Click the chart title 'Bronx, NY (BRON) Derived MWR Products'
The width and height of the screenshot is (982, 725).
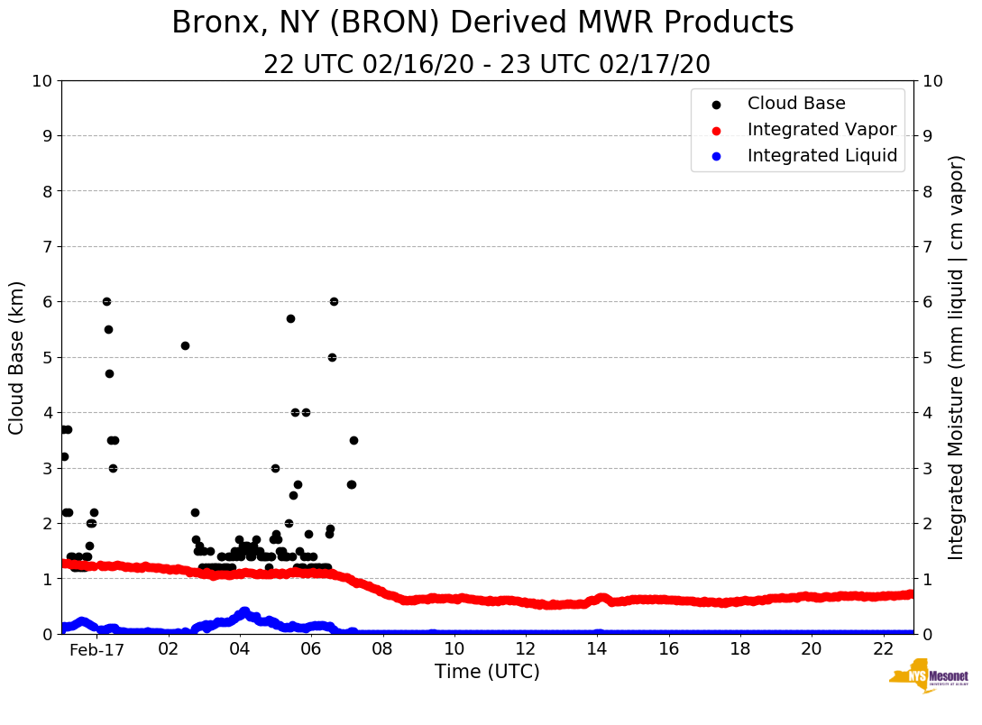(x=482, y=23)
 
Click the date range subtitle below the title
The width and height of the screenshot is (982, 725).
(x=487, y=65)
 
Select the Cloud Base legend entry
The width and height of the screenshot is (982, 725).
(x=796, y=104)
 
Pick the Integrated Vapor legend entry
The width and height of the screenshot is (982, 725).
(x=821, y=130)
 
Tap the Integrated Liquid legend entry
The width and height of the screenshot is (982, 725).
(x=822, y=156)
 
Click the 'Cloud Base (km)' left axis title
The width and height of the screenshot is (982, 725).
(x=17, y=357)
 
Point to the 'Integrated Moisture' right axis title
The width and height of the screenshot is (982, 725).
(x=957, y=357)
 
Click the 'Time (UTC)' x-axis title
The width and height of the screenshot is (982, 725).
(x=487, y=672)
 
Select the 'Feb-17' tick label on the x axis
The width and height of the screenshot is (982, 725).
(x=96, y=649)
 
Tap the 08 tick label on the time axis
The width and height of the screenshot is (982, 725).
(x=382, y=649)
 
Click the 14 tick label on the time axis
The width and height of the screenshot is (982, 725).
(x=597, y=649)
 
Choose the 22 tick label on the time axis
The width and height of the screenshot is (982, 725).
(x=883, y=649)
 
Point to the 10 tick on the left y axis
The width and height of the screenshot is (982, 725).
(x=41, y=81)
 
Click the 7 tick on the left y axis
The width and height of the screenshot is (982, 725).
(x=46, y=247)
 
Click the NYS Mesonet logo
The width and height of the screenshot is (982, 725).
(x=928, y=678)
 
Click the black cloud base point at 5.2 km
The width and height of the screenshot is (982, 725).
(x=185, y=345)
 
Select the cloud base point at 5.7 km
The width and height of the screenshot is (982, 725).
(x=290, y=318)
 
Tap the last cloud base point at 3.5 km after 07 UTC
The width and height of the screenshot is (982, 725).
(x=353, y=440)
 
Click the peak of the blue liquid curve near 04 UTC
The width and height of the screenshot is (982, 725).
(x=244, y=611)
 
